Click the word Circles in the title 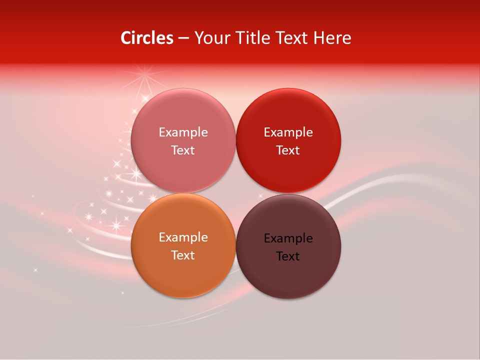(x=147, y=38)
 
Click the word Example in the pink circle (x=183, y=132)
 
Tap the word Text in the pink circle (x=183, y=150)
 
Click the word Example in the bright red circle (x=288, y=132)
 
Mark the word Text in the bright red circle (x=288, y=150)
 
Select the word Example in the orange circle (x=183, y=237)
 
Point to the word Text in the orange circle (x=183, y=255)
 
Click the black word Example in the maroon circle (x=288, y=238)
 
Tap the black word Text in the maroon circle (x=288, y=256)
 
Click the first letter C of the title (x=126, y=38)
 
